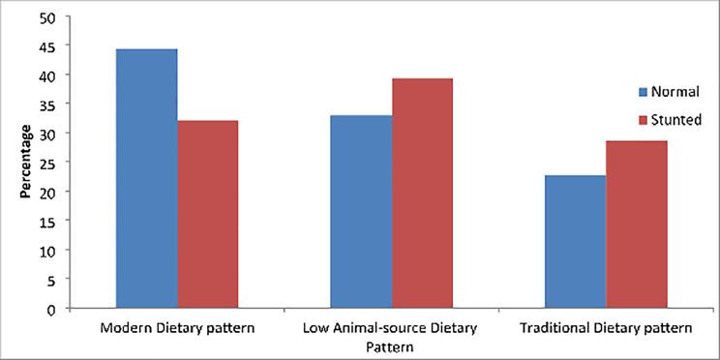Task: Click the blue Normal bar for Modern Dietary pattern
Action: tap(146, 178)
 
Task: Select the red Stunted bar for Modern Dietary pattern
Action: tap(207, 214)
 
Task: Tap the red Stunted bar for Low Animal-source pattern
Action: tap(422, 194)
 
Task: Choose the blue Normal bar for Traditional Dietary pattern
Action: tap(575, 241)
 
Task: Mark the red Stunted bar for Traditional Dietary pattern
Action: tap(636, 225)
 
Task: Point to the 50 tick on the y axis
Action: tap(47, 16)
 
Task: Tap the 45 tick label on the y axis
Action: tap(47, 45)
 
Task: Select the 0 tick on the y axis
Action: tap(51, 309)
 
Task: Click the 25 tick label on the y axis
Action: tap(47, 163)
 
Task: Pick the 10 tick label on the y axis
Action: tap(47, 251)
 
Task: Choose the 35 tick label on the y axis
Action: tap(47, 105)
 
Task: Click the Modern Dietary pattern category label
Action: tap(177, 328)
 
